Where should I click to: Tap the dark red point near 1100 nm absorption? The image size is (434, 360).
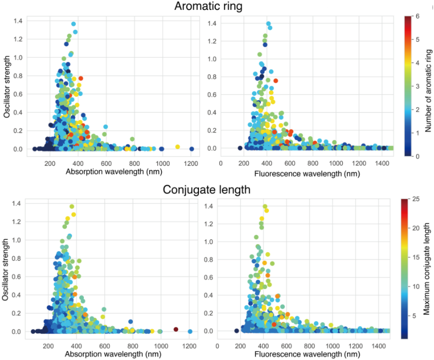(x=176, y=329)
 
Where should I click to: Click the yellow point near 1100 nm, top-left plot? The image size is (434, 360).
(x=178, y=146)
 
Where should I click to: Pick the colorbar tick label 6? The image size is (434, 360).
(x=418, y=16)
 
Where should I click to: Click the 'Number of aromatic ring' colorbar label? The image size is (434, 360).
(x=428, y=86)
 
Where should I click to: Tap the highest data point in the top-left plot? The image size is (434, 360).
(x=73, y=24)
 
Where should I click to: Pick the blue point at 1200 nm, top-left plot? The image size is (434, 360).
(x=191, y=148)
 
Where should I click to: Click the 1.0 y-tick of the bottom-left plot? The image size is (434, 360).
(x=17, y=240)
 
